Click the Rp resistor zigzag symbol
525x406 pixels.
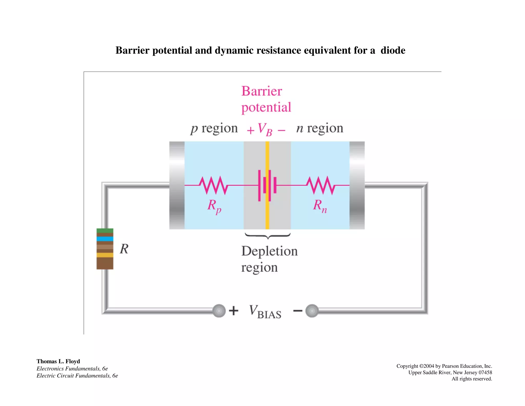coord(213,185)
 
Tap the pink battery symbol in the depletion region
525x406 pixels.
coord(267,185)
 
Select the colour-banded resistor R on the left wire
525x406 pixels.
coord(105,249)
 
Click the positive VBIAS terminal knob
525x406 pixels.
coord(219,311)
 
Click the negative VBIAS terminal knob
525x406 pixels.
coord(312,311)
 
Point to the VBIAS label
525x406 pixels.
coord(265,312)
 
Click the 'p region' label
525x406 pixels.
coord(214,128)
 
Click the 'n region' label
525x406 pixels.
coord(320,128)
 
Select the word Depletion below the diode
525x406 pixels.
coord(269,251)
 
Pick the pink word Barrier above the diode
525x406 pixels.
coord(261,91)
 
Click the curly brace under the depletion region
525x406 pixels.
coord(268,236)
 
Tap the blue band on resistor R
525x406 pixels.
coord(105,239)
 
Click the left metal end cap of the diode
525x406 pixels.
coord(177,185)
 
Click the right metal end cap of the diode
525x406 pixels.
coord(357,185)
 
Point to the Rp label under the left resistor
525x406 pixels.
coord(214,206)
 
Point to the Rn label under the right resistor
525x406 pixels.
coord(320,206)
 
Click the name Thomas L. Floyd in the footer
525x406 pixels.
coord(58,361)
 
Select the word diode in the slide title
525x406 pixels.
coord(393,50)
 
